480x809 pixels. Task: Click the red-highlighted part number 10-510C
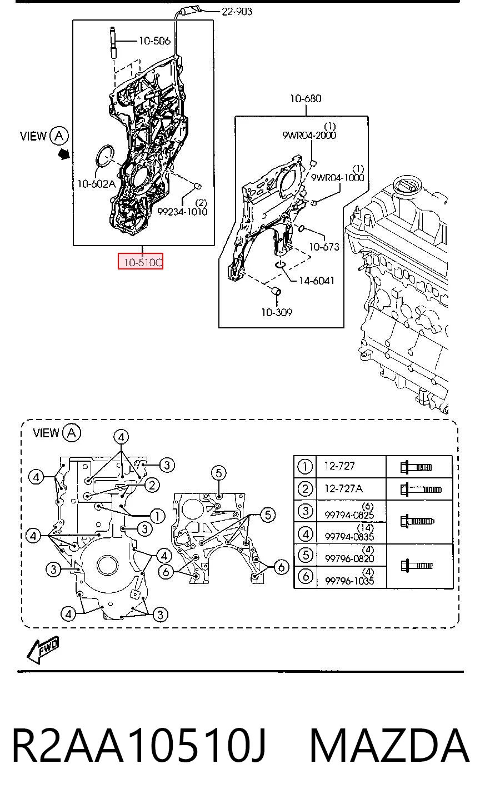coord(141,261)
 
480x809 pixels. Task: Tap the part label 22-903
coord(237,12)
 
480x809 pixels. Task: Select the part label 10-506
coord(154,41)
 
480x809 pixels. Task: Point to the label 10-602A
coord(97,184)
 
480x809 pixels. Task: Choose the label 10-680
coord(306,98)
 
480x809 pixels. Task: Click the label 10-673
coord(324,247)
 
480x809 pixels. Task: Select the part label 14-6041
coord(316,281)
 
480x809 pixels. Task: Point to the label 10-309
coord(277,312)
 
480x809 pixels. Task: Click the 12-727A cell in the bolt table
coord(343,488)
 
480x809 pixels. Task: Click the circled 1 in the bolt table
coord(305,467)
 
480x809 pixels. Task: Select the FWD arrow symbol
coord(43,649)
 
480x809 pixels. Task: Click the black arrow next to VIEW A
coord(64,154)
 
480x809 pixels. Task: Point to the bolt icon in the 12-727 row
coord(416,467)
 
